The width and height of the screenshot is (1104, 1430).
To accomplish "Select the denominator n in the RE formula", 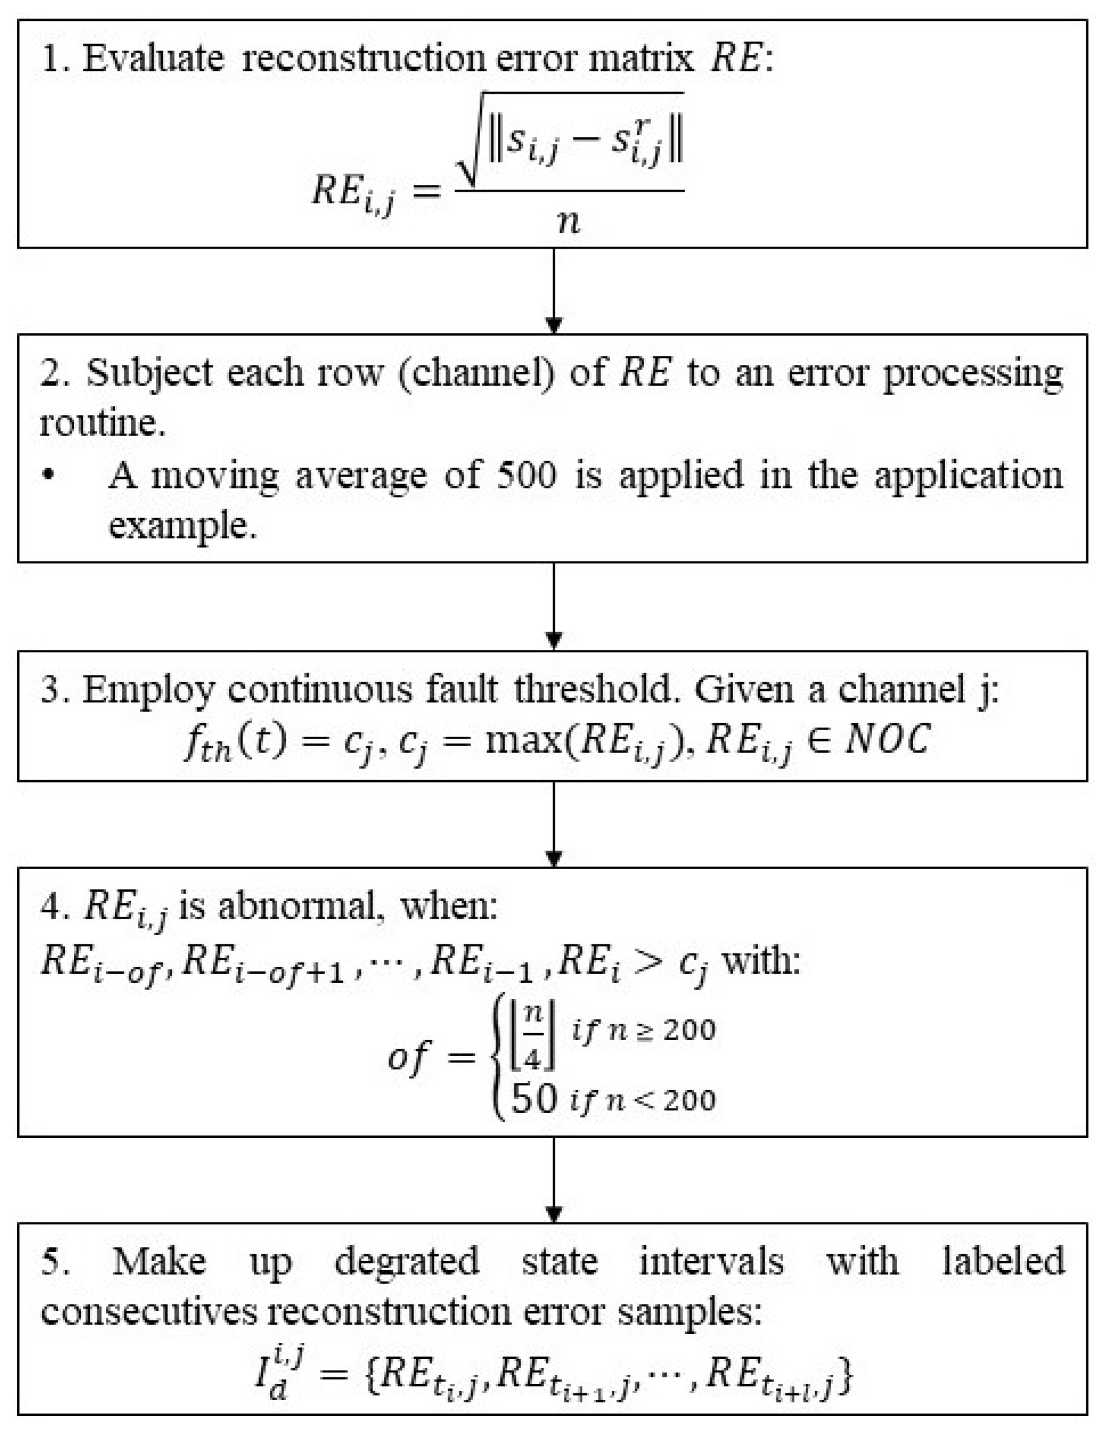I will [567, 221].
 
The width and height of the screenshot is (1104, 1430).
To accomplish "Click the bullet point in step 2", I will [47, 476].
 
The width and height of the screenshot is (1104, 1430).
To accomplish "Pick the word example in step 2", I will [181, 525].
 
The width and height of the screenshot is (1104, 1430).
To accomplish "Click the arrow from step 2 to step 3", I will [554, 606].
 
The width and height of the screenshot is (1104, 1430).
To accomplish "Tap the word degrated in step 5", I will [407, 1261].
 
